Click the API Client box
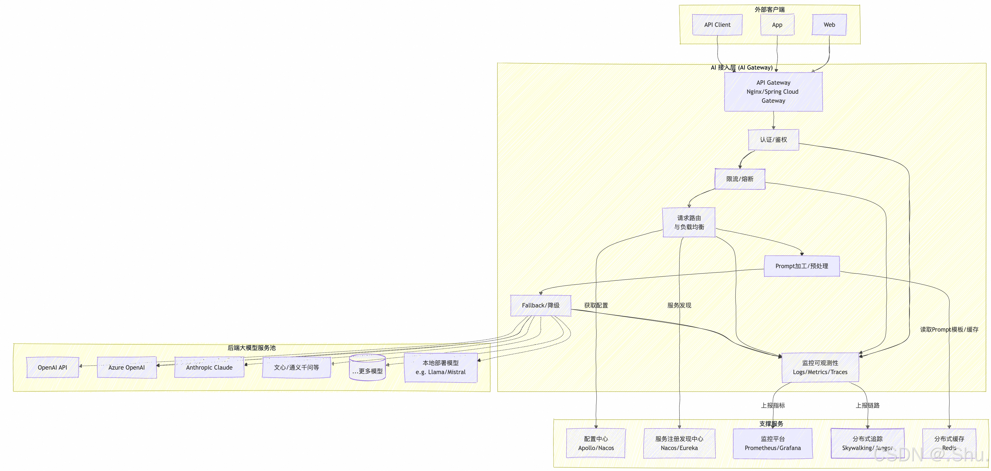click(717, 25)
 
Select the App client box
click(777, 25)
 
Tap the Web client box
click(829, 25)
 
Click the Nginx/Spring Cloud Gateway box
click(773, 92)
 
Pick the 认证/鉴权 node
click(773, 140)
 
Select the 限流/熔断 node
click(740, 179)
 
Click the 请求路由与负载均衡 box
click(689, 222)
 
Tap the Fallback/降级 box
click(541, 306)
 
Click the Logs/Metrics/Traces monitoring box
click(820, 367)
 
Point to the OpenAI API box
click(52, 367)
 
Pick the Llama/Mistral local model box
click(441, 367)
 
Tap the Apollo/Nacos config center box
click(596, 443)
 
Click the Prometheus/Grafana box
click(773, 443)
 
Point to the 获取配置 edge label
click(596, 306)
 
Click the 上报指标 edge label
click(773, 405)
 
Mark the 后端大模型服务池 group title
click(252, 348)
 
